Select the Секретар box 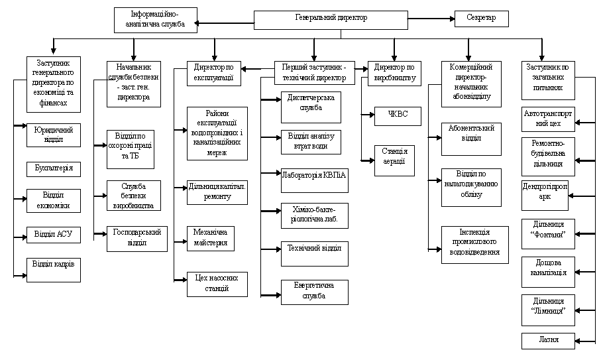481,19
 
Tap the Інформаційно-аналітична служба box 155,20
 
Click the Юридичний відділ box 54,135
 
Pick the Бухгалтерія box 54,169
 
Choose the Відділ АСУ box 54,235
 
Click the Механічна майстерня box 210,238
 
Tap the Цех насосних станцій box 217,283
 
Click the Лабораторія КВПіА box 314,176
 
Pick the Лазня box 548,340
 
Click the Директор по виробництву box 394,73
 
